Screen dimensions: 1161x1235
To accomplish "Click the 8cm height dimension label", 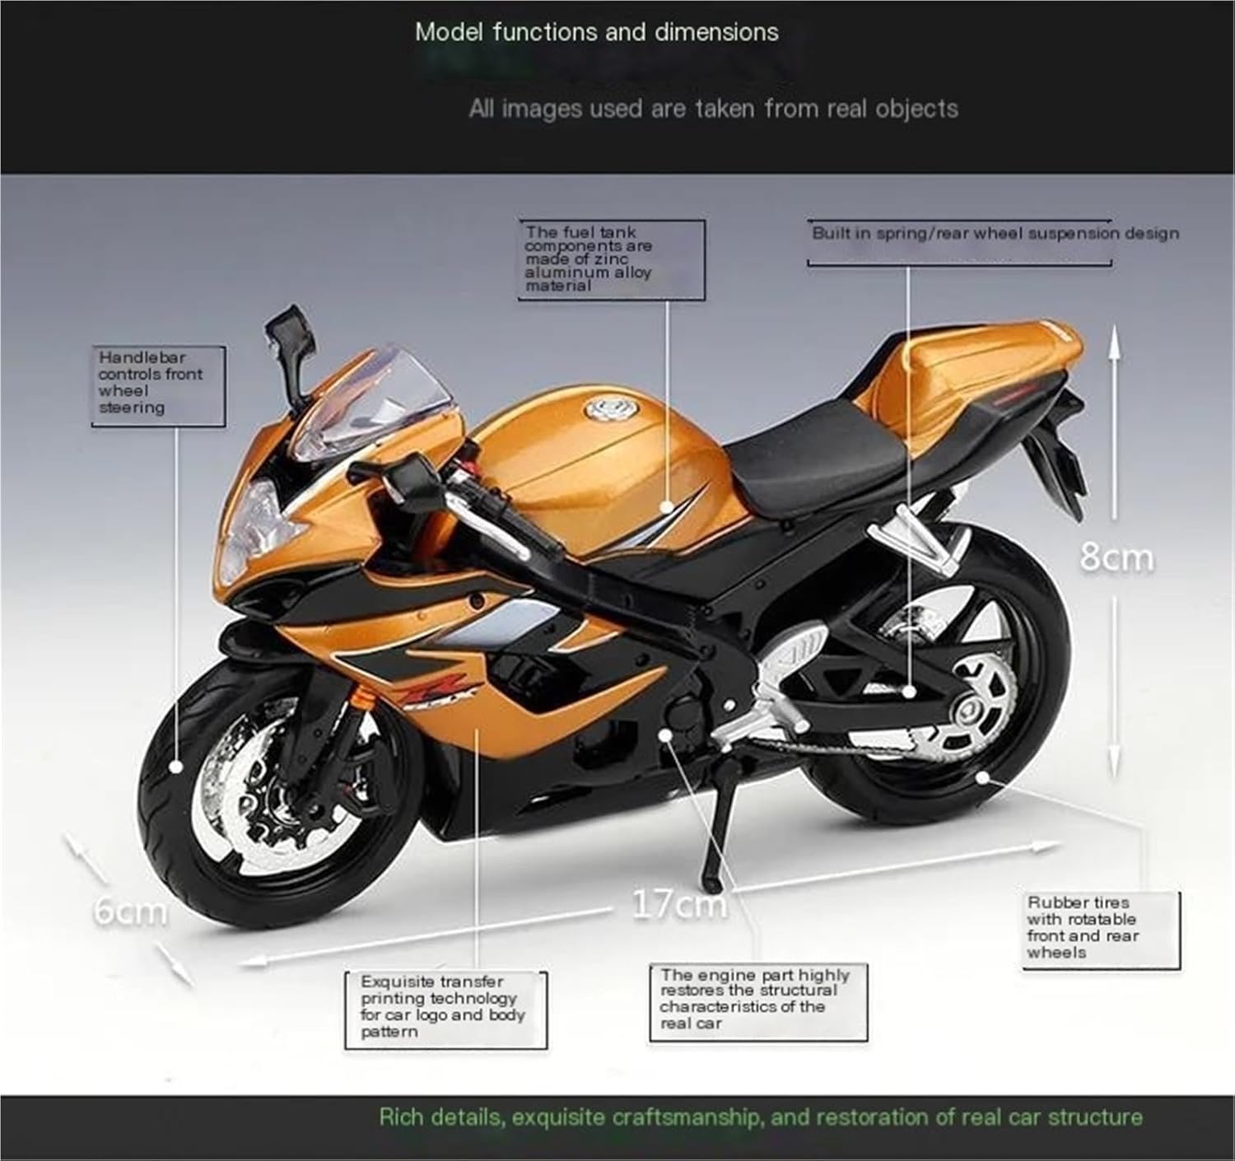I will tap(1116, 557).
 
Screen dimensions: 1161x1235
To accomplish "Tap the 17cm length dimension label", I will tap(679, 904).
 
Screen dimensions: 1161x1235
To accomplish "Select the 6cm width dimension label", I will tap(130, 911).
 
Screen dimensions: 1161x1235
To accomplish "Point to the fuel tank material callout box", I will tap(610, 259).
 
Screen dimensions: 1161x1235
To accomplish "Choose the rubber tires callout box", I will tap(1100, 928).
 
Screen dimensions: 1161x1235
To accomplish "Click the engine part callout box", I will tap(757, 1000).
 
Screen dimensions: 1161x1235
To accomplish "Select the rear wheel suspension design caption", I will tap(995, 234).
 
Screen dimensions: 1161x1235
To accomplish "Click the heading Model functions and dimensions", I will tap(596, 33).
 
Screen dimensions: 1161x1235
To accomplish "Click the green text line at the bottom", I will tap(760, 1117).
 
